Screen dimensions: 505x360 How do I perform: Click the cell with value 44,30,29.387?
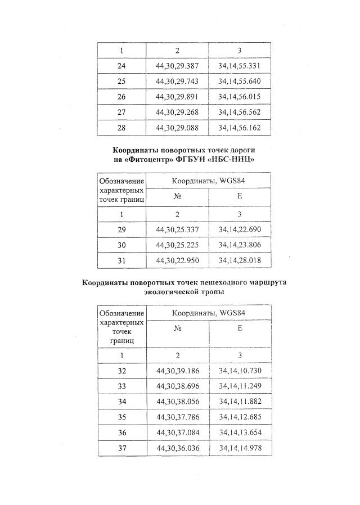(x=177, y=66)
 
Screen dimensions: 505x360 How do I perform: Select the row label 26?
(x=121, y=97)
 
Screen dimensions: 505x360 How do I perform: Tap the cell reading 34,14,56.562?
(x=239, y=112)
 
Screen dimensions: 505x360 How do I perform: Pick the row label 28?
(x=121, y=128)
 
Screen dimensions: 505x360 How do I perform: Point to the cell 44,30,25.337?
(x=177, y=230)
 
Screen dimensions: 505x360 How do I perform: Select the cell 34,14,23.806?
(x=239, y=245)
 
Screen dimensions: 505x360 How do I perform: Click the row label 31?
(x=121, y=261)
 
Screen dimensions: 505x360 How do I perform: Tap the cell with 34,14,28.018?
(x=239, y=261)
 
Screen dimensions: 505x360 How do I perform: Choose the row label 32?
(x=122, y=371)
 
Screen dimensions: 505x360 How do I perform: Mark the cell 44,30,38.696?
(x=177, y=387)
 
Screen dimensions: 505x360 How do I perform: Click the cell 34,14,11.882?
(x=239, y=402)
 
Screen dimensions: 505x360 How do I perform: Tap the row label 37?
(x=122, y=448)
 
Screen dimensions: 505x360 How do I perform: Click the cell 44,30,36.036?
(x=177, y=448)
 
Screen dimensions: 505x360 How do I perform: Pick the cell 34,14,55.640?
(x=239, y=81)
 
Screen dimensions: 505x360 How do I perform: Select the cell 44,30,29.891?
(x=177, y=97)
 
